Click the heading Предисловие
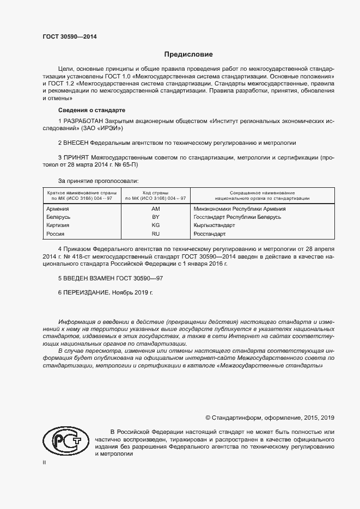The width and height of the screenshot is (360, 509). [188, 54]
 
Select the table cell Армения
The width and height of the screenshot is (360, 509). [58, 209]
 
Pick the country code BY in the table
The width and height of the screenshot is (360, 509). [155, 217]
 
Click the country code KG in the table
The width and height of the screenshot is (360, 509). [155, 225]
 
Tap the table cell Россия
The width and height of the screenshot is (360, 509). [56, 234]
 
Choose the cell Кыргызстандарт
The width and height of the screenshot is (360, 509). [214, 225]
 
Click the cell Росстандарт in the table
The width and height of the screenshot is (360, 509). [209, 234]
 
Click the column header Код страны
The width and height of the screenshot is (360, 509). [155, 193]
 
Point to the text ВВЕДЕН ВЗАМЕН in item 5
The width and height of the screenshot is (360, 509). [91, 278]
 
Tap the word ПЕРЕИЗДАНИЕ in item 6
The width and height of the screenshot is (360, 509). [87, 292]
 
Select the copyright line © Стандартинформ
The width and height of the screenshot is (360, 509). [269, 418]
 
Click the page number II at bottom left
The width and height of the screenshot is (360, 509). [44, 462]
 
